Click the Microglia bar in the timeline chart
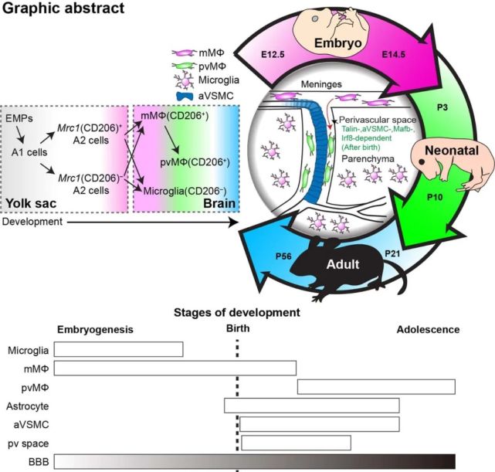[x=118, y=349]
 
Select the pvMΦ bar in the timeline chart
[x=376, y=386]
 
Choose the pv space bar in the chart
[x=296, y=442]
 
